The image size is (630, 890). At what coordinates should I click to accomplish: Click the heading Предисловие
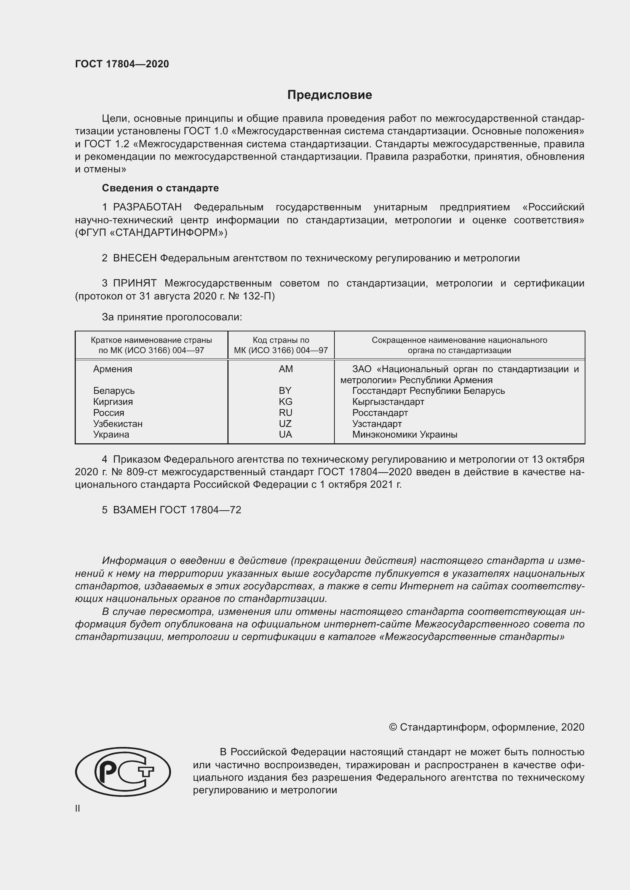[x=329, y=95]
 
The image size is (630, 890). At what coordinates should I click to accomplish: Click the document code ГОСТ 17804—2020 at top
[x=122, y=64]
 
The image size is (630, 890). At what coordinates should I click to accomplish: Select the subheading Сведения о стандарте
[x=160, y=188]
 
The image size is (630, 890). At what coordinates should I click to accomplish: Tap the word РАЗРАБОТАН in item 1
[x=147, y=207]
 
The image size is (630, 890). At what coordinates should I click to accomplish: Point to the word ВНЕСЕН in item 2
[x=134, y=258]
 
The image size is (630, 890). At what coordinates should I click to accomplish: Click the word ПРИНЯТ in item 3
[x=134, y=283]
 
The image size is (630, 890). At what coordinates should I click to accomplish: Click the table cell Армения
[x=112, y=369]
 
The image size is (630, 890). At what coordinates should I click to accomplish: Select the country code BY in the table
[x=285, y=391]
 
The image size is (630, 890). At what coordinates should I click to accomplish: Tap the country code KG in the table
[x=286, y=401]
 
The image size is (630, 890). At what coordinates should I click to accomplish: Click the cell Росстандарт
[x=380, y=413]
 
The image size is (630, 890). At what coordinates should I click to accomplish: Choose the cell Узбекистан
[x=118, y=424]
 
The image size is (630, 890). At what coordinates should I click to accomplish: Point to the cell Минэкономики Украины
[x=405, y=435]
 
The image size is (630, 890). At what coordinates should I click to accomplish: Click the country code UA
[x=285, y=435]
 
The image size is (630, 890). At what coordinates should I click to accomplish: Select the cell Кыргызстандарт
[x=388, y=401]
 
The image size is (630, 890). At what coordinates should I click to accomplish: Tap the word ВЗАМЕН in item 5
[x=134, y=510]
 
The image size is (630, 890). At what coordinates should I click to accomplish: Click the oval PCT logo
[x=123, y=772]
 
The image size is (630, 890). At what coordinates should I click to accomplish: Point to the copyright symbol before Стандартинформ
[x=393, y=728]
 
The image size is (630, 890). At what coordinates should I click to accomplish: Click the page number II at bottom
[x=78, y=809]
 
